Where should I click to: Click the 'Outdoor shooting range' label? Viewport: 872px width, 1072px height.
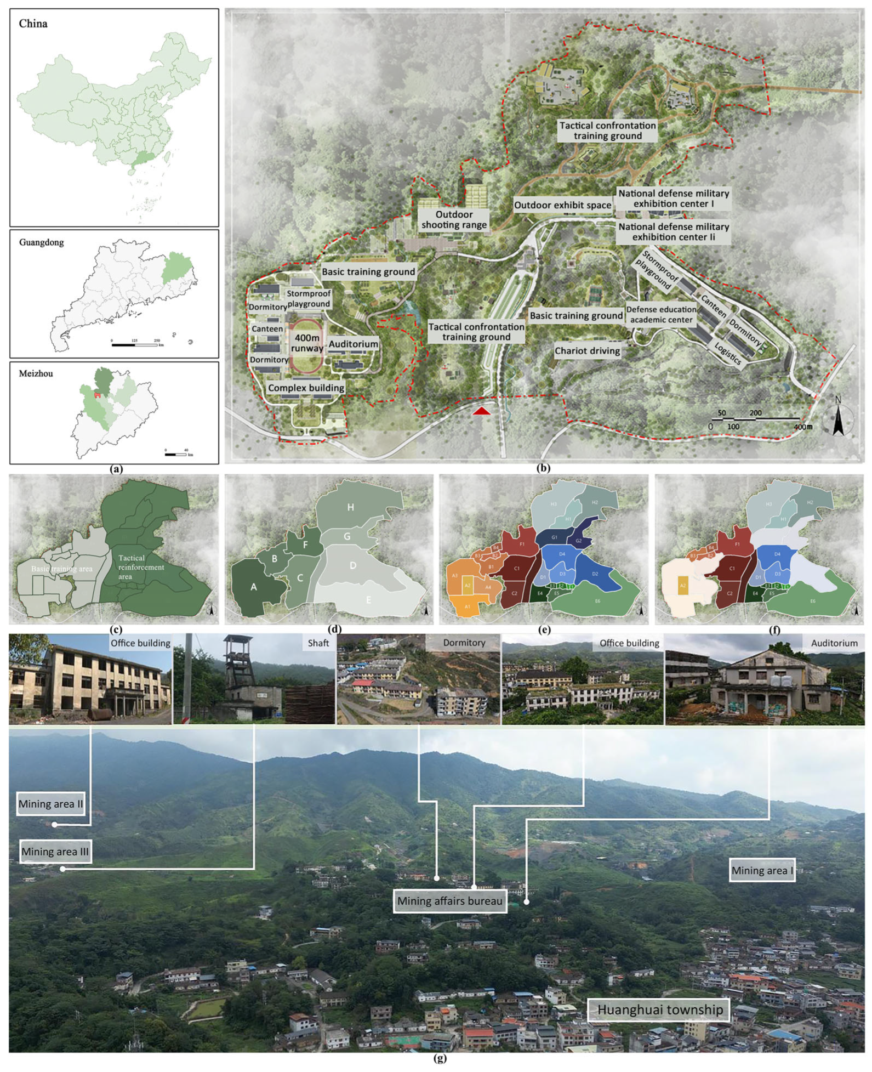[x=454, y=219]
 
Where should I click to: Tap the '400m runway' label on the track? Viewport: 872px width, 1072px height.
[x=307, y=343]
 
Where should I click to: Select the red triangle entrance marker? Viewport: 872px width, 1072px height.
[x=482, y=411]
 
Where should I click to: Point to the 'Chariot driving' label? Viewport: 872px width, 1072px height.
[x=587, y=351]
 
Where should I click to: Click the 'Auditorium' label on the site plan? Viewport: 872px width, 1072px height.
[x=353, y=344]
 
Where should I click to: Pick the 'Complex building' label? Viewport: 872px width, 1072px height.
[x=306, y=388]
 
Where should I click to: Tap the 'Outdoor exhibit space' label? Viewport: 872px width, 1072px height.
[x=562, y=205]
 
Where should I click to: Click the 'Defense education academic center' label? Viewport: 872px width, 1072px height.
[x=661, y=314]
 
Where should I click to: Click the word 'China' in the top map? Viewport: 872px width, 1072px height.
[x=33, y=24]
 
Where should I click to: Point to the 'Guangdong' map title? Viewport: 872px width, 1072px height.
[x=41, y=242]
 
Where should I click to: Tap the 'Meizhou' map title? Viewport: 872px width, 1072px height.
[x=36, y=373]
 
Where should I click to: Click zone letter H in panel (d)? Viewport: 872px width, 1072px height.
[x=350, y=507]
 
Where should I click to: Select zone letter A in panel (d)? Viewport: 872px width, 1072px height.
[x=254, y=587]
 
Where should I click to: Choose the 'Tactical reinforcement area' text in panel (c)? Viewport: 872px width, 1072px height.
[x=141, y=567]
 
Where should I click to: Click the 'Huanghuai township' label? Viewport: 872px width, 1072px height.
[x=660, y=1009]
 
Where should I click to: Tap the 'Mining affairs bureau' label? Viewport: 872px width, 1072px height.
[x=449, y=901]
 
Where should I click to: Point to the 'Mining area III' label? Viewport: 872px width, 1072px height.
[x=55, y=852]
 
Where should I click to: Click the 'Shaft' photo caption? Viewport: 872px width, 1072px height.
[x=318, y=643]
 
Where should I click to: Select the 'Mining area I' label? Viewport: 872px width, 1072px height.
[x=762, y=870]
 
